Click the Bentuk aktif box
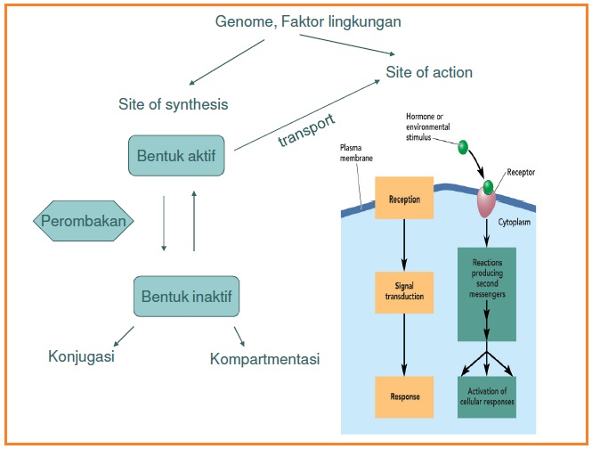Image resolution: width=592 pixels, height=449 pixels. pos(177,156)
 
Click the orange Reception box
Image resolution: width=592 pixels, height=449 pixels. pos(404,199)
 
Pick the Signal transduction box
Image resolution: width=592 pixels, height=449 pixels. pos(404,290)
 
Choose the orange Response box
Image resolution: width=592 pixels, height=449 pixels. pos(404,392)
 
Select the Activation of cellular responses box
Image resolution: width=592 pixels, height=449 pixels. pos(485,396)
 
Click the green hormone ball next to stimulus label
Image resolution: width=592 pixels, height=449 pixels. pos(462,146)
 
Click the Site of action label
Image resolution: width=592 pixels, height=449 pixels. pos(428,71)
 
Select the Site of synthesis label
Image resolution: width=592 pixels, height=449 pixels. pos(173,104)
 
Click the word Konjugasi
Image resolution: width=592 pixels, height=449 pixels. pos(81,357)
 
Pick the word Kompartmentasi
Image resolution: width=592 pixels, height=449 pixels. pos(264,359)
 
